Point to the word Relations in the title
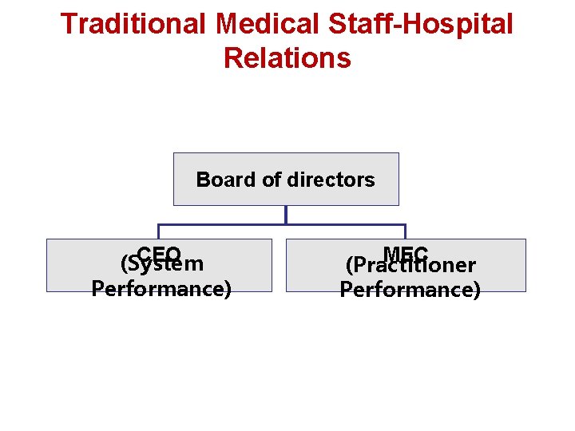point(287,58)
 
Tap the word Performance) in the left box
point(161,287)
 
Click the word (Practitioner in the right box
point(410,265)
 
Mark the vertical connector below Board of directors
point(286,214)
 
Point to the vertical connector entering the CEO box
point(158,231)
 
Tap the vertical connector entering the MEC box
point(406,231)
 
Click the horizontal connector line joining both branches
point(224,223)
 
